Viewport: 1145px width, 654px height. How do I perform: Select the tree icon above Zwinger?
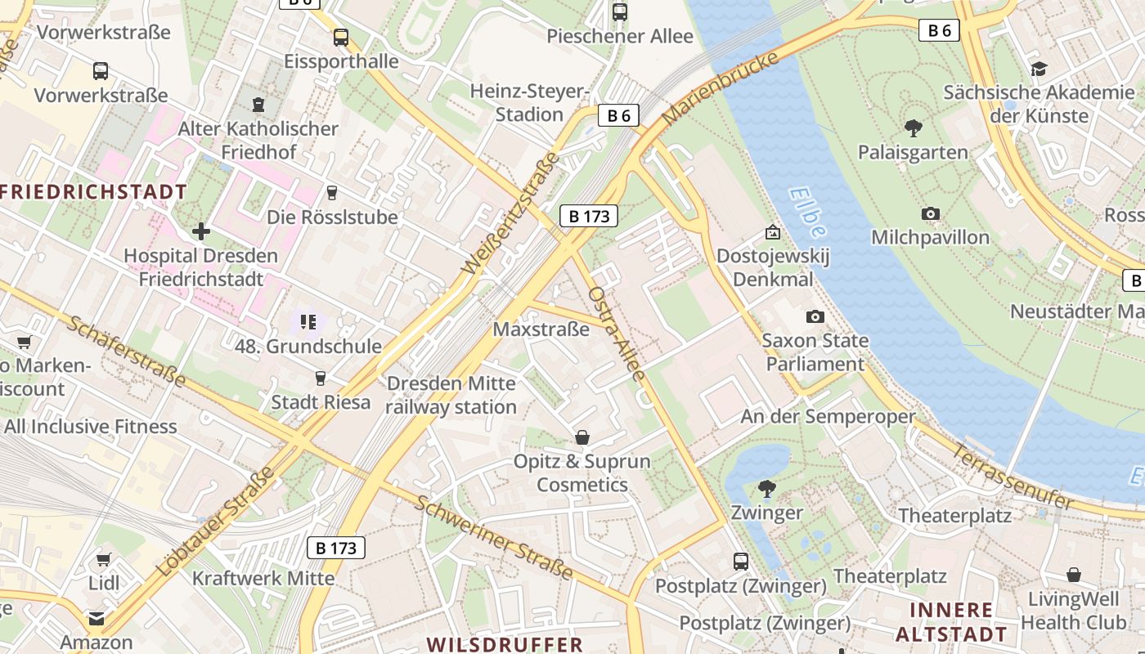coord(766,489)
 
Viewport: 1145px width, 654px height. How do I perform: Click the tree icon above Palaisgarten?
coord(913,128)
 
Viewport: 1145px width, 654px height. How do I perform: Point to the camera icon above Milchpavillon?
coord(930,214)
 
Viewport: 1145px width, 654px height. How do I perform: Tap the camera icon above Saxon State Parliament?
coord(815,316)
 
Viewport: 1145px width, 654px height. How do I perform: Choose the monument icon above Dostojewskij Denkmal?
coord(772,233)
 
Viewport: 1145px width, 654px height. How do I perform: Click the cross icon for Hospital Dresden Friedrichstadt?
coord(201,231)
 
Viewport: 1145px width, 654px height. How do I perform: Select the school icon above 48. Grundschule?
coord(308,322)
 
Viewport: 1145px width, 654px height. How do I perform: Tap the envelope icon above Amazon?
coord(97,619)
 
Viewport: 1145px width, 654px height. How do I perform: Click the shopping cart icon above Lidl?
coord(103,560)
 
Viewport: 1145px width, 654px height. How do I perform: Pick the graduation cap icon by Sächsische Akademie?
coord(1039,69)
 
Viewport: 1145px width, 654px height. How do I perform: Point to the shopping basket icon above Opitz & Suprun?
coord(581,437)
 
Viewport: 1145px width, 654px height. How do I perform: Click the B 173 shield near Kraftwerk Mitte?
coord(336,548)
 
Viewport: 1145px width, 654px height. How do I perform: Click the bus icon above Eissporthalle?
coord(340,38)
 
